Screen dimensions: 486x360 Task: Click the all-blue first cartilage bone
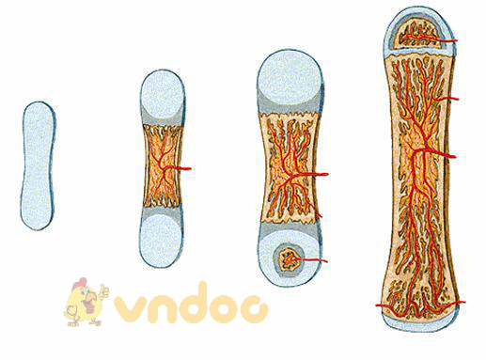37,164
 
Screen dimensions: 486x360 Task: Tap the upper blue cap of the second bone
162,95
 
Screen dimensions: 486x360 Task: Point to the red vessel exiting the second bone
185,169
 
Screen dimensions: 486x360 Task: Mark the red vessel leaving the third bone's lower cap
321,259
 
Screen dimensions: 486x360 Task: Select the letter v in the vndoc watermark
130,308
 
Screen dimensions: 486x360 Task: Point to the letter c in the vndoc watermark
256,308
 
